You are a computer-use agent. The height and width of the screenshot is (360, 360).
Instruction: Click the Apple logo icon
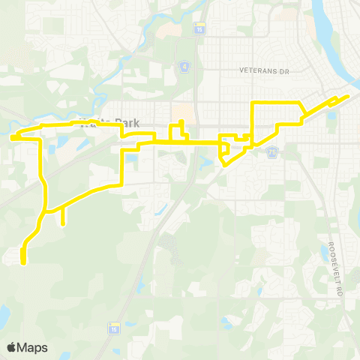coord(11,347)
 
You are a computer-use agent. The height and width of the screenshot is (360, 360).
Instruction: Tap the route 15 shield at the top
coord(199,28)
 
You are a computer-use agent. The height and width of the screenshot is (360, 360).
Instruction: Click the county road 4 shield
coord(183,67)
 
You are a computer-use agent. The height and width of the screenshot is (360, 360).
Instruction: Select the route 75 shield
coord(273,151)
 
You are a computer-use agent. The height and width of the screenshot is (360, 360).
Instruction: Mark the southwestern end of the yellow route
coord(23,262)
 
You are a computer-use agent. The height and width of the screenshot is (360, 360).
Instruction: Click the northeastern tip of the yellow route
coord(348,96)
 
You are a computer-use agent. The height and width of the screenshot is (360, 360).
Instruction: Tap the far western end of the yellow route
coord(13,137)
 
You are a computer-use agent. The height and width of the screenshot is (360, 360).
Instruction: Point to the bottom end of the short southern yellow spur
coord(63,223)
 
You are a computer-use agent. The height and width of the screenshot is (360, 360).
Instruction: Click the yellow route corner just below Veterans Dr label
coord(253,102)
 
